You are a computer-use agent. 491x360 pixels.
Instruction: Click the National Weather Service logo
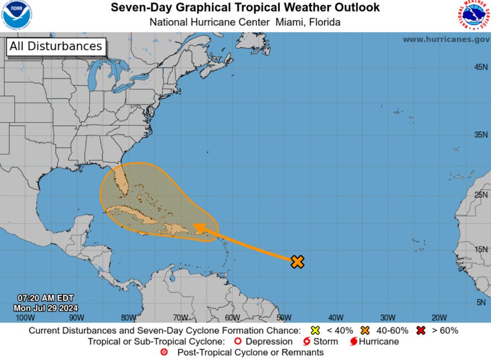473,15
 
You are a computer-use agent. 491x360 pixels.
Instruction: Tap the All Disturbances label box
55,46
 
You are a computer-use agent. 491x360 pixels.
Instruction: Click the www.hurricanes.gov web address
446,39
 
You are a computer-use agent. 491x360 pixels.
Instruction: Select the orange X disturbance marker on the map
298,261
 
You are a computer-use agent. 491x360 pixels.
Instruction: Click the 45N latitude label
480,67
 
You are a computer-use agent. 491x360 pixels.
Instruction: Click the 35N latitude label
480,134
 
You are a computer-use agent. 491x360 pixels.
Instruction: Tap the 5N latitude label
482,302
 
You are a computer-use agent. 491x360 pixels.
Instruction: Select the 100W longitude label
25,317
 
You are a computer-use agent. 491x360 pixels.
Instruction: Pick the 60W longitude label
232,317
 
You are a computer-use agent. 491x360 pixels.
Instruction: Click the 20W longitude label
439,317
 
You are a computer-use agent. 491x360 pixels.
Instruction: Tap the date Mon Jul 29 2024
46,308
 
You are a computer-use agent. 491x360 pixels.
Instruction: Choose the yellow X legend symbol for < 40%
315,331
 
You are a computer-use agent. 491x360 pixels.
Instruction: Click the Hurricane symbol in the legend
354,342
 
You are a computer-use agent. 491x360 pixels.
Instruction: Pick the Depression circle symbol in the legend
238,342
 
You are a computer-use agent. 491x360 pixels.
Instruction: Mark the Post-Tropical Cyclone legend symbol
164,352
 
